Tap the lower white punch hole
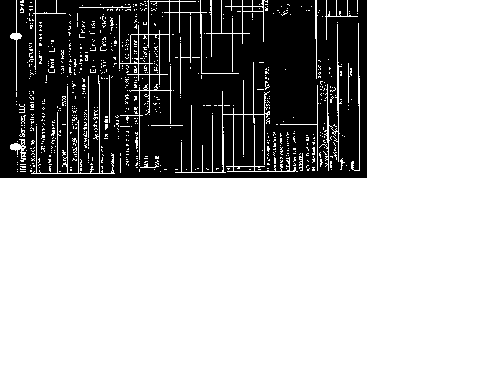pyautogui.click(x=16, y=146)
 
